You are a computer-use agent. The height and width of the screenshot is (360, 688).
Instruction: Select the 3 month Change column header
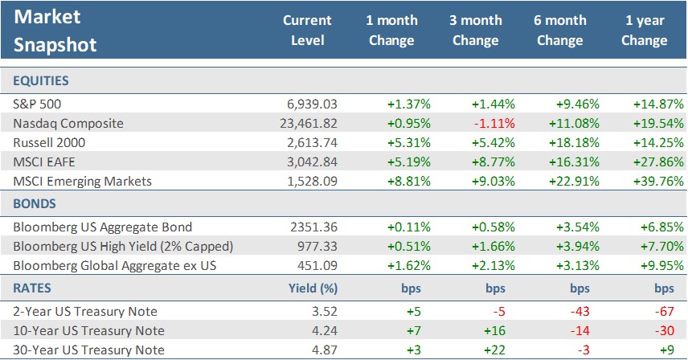point(475,30)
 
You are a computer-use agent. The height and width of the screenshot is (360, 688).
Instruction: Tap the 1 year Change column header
point(644,30)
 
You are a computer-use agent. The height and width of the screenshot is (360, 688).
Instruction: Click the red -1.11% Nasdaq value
point(493,123)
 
